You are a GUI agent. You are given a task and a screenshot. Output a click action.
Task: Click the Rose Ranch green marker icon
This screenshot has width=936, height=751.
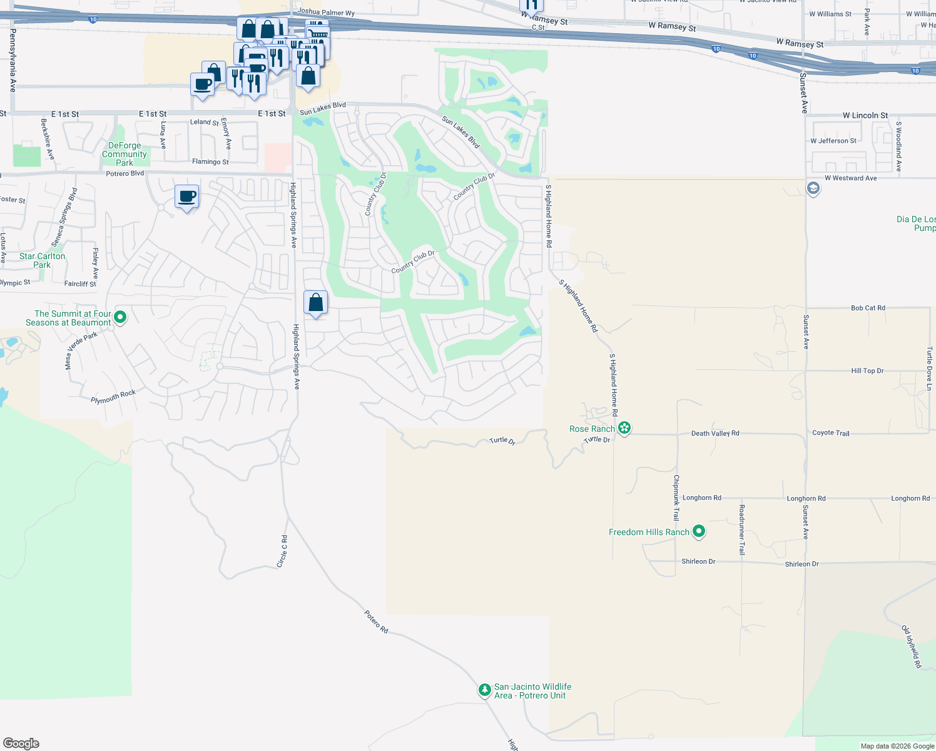[624, 428]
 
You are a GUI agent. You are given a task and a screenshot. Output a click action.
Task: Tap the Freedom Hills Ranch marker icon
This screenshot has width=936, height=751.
[699, 531]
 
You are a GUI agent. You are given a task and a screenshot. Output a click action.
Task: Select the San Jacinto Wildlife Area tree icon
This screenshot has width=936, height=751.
[484, 690]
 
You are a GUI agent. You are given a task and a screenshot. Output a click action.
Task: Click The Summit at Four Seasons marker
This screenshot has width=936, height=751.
[121, 317]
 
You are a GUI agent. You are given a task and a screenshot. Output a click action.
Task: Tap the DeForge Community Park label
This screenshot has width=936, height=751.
[125, 154]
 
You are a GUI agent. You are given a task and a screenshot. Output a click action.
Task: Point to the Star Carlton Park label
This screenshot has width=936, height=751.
[42, 260]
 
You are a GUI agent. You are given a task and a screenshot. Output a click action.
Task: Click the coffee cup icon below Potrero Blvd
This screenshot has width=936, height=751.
[186, 197]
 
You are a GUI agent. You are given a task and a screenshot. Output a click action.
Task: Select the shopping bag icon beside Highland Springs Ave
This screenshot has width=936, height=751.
[316, 303]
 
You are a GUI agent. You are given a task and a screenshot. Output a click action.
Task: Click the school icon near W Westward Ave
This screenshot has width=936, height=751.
[813, 188]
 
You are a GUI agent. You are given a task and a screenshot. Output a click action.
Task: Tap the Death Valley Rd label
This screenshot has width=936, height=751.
[715, 433]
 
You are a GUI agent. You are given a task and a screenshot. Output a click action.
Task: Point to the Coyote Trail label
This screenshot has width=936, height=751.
[830, 433]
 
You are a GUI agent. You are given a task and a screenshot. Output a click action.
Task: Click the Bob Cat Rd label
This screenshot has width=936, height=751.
[868, 308]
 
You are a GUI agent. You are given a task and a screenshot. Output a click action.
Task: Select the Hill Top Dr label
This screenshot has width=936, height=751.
[867, 371]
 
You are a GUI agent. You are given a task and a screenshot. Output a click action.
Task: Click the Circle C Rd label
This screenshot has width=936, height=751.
[283, 551]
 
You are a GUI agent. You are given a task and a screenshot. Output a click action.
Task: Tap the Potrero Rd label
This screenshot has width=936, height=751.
[376, 621]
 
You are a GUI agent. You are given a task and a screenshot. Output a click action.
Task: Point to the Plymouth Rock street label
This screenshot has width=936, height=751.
[113, 397]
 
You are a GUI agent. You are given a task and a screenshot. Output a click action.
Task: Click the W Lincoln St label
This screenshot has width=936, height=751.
[865, 115]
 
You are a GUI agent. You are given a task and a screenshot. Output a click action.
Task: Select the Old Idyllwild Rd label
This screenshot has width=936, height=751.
[911, 646]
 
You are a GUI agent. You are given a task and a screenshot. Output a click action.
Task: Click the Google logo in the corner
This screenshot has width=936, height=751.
[21, 743]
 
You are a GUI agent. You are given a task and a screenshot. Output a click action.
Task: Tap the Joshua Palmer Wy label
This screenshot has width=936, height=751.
[326, 12]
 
